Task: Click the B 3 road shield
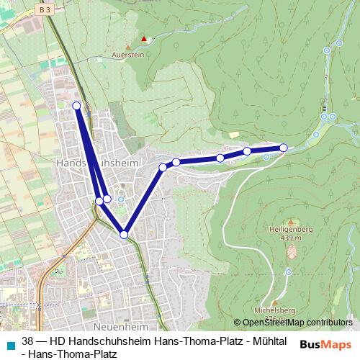(46, 10)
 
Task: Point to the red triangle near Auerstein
(145, 39)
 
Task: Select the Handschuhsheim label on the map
(87, 163)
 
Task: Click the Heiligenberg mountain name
(290, 230)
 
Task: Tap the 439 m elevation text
(290, 238)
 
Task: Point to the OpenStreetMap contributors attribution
(297, 323)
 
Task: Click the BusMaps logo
(326, 345)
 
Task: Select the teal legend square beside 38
(9, 342)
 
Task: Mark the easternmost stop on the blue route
(284, 148)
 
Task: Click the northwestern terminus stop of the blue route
(76, 106)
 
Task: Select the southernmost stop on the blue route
(124, 235)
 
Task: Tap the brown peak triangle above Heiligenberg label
(290, 222)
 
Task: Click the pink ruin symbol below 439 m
(292, 252)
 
